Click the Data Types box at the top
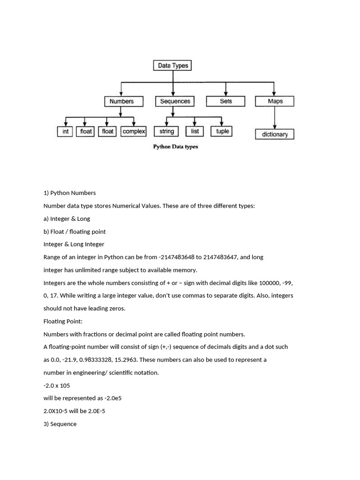pyautogui.click(x=172, y=66)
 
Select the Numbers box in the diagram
pyautogui.click(x=121, y=101)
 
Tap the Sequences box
pyautogui.click(x=175, y=101)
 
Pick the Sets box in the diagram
pyautogui.click(x=226, y=101)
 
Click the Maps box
pyautogui.click(x=275, y=101)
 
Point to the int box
pyautogui.click(x=65, y=132)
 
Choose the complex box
pyautogui.click(x=134, y=132)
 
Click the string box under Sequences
pyautogui.click(x=166, y=132)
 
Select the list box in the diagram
pyautogui.click(x=195, y=132)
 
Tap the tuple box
pyautogui.click(x=222, y=132)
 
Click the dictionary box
pyautogui.click(x=275, y=135)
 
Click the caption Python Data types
pyautogui.click(x=176, y=147)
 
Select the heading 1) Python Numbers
pyautogui.click(x=69, y=193)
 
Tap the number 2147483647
pyautogui.click(x=220, y=257)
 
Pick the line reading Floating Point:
pyautogui.click(x=63, y=322)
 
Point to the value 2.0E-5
pyautogui.click(x=99, y=411)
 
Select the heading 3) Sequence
pyautogui.click(x=60, y=424)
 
